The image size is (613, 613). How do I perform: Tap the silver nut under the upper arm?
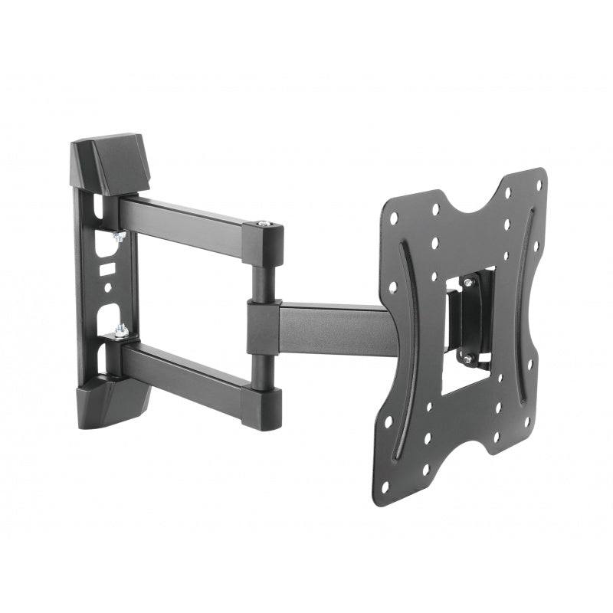[120, 238]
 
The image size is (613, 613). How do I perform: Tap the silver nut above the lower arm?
[120, 332]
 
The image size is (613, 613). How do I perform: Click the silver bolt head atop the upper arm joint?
[264, 224]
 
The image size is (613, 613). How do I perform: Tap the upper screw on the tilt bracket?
[469, 281]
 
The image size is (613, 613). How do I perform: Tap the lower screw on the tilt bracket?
[465, 358]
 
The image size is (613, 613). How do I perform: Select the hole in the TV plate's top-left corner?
[393, 218]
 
